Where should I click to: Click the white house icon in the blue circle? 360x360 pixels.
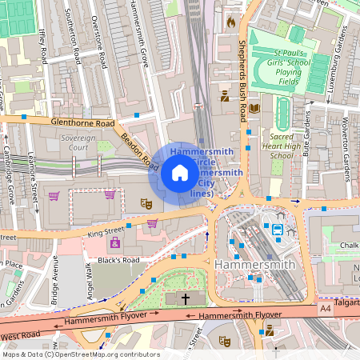180,172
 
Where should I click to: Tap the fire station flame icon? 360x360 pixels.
232,22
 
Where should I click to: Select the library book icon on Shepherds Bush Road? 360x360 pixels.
254,108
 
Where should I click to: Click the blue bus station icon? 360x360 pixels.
278,230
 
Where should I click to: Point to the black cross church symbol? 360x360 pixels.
186,298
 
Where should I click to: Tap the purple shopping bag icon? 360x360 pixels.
115,242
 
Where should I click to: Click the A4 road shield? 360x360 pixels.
325,307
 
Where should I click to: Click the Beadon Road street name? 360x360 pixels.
139,149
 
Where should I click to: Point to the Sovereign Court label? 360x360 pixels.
78,142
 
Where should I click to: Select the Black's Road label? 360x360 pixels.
119,260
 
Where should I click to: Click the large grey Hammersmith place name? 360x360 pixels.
250,263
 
